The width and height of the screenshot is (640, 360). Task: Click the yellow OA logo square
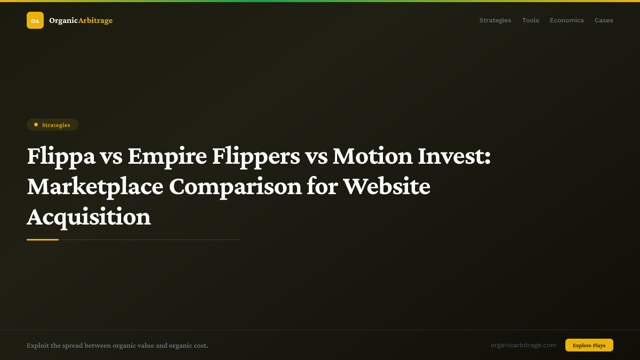point(35,20)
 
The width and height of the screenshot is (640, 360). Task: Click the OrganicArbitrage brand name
point(81,20)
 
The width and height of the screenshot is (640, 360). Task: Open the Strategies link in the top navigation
point(495,20)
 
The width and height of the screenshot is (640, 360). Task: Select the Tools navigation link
point(530,20)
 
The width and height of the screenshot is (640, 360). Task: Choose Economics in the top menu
point(566,20)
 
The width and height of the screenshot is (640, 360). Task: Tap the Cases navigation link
point(604,20)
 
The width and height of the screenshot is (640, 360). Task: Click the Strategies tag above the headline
point(53,125)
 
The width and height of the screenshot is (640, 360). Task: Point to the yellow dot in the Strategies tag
point(36,125)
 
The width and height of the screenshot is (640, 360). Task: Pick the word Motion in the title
point(371,156)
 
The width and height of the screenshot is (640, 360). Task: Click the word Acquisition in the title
point(89,217)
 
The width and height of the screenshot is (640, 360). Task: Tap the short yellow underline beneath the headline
point(43,239)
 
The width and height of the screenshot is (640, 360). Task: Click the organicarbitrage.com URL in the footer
point(523,345)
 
